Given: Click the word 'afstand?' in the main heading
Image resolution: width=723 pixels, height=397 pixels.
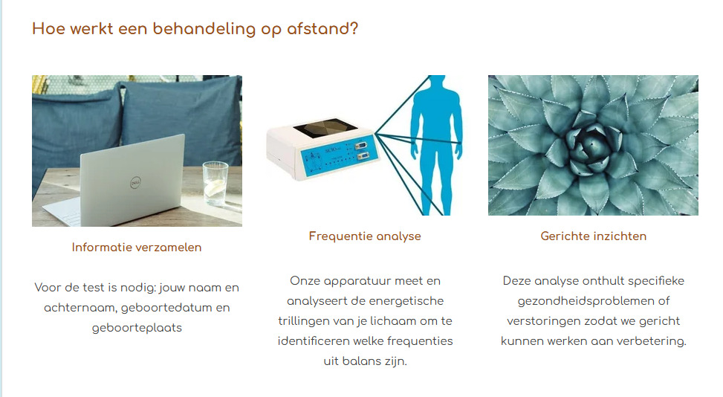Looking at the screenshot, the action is point(322,28).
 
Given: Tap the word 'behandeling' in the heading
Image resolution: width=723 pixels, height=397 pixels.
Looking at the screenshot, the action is point(204,28).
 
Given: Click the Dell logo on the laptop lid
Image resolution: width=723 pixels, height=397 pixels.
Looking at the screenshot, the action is point(135,183).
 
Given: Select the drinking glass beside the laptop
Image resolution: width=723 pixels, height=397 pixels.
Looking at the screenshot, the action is point(215,183).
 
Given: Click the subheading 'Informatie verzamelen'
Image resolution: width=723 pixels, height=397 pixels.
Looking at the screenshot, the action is point(137,247).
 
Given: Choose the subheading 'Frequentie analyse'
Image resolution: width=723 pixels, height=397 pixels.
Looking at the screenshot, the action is point(365,236).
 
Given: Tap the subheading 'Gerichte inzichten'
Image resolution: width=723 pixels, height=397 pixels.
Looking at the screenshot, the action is point(594,236).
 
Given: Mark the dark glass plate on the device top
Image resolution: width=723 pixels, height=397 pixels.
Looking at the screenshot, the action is point(325,129).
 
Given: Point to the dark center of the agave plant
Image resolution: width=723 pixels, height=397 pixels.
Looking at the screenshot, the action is point(589,145).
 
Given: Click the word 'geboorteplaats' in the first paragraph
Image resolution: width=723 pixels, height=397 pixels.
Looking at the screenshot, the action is point(137,328).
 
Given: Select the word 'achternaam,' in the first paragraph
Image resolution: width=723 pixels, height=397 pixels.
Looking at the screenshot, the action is point(80,308).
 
